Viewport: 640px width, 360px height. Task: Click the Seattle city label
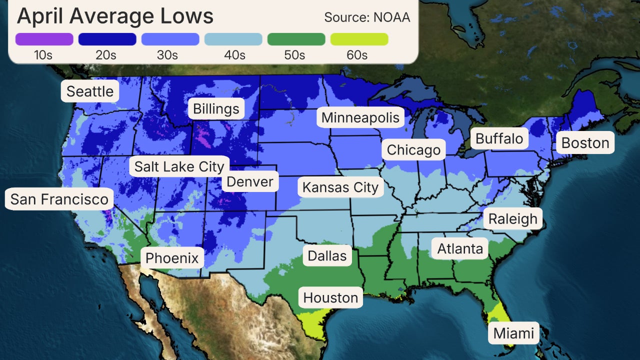click(90, 91)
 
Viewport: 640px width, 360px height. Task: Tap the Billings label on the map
click(216, 108)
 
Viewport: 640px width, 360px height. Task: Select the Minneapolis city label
click(360, 117)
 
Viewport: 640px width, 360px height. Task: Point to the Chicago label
click(413, 149)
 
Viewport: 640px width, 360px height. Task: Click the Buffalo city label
click(499, 138)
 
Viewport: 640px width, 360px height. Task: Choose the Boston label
click(585, 143)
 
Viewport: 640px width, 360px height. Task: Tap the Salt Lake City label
click(179, 166)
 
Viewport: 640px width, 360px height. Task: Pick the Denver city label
click(250, 181)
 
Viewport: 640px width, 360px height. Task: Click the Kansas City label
click(340, 187)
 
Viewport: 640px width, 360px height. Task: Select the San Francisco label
click(59, 199)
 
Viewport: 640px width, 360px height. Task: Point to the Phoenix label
click(172, 258)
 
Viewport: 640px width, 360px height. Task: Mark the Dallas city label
click(327, 256)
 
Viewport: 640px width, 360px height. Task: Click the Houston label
click(330, 297)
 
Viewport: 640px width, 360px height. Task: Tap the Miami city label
click(513, 333)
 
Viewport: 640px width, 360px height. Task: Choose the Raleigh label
click(512, 218)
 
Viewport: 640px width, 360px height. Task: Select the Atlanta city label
click(460, 248)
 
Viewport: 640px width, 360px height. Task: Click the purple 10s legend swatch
click(44, 39)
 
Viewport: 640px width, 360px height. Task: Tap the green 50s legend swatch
click(296, 39)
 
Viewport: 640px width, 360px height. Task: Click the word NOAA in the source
click(392, 17)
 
